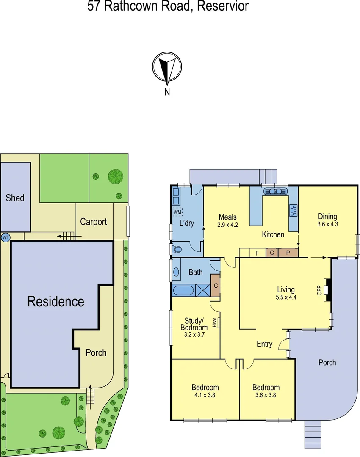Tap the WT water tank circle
6,237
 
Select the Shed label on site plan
15,198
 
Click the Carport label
94,222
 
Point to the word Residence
56,302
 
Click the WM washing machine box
177,212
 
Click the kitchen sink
276,191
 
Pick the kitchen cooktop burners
293,210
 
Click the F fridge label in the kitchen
257,253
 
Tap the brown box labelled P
288,253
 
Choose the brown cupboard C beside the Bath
216,286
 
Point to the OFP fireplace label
320,290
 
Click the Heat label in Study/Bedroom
215,322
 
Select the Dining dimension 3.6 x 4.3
327,225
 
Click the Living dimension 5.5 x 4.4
286,297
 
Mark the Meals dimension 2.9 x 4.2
228,225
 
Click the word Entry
265,344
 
